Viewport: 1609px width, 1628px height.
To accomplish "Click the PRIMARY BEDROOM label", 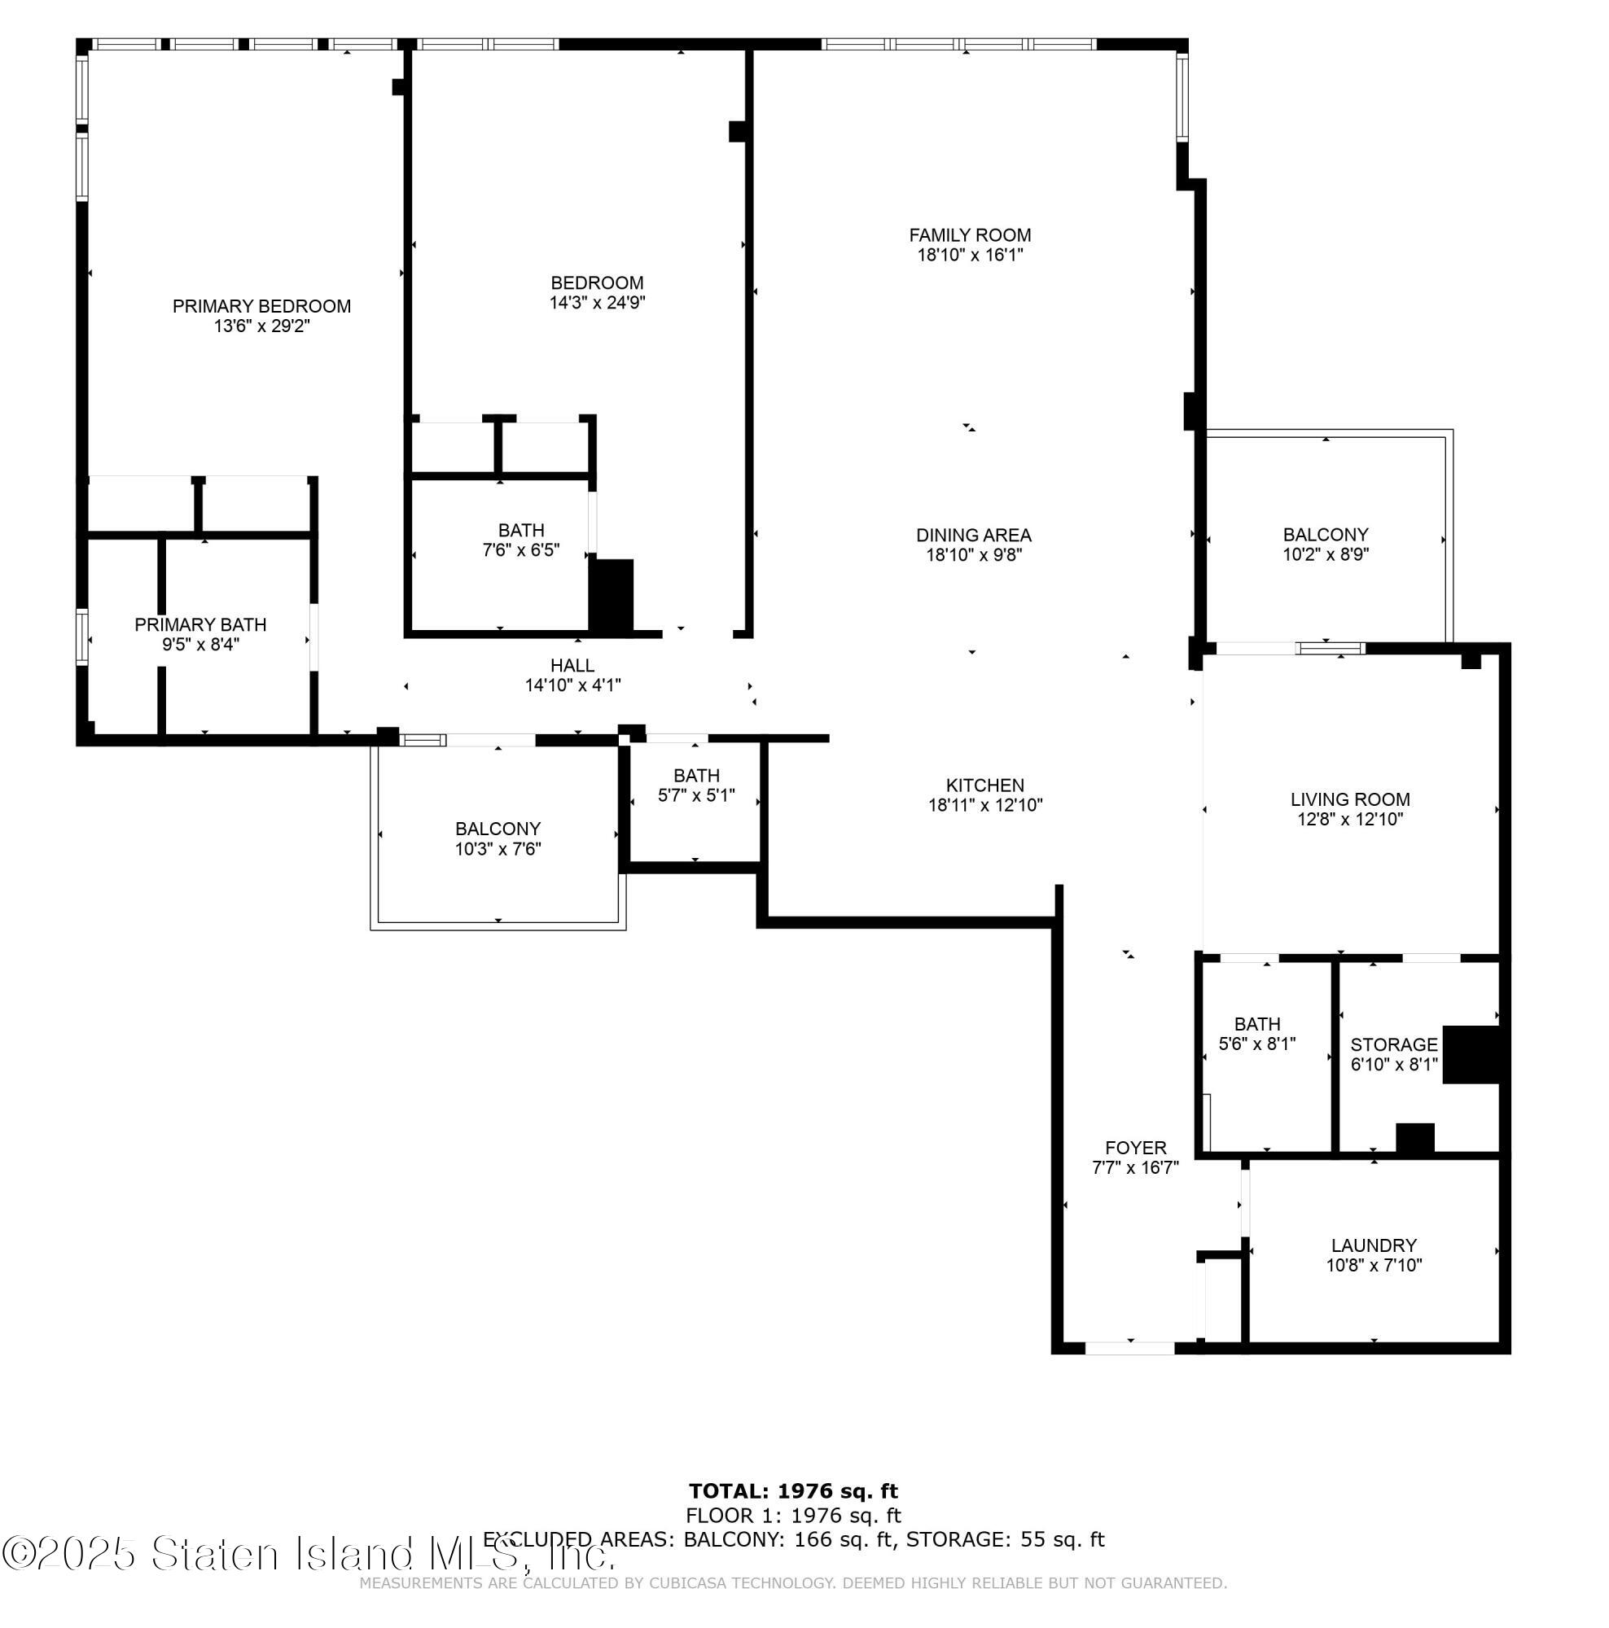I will click(261, 306).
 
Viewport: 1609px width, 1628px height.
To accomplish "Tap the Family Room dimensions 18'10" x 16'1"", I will click(969, 256).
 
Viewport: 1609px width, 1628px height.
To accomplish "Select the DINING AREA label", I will click(973, 535).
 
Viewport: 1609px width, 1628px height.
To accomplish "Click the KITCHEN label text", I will click(984, 785).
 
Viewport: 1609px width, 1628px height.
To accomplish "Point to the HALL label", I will click(572, 666).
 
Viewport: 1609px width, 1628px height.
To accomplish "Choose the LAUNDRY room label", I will click(1373, 1245).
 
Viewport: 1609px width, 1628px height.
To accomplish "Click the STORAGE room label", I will click(1393, 1044).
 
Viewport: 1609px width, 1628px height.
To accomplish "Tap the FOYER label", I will click(1134, 1148).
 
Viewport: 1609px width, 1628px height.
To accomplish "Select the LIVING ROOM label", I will click(1348, 799).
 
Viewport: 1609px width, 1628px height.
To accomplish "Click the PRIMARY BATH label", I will click(200, 624).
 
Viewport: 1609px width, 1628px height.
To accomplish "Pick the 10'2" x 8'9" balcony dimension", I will click(1325, 554).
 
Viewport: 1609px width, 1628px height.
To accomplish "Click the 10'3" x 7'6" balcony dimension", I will click(498, 848).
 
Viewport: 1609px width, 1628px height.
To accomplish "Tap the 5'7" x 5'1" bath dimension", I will click(696, 794).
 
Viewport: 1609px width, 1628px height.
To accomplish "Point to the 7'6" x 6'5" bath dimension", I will click(521, 550).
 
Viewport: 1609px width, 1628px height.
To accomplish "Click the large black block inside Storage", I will click(1471, 1053).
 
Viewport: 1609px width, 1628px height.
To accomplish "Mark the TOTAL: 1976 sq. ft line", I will click(792, 1491).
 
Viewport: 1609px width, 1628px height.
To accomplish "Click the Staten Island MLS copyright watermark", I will click(308, 1553).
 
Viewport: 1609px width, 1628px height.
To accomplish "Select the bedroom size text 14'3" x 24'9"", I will click(597, 303).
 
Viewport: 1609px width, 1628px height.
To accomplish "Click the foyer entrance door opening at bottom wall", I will click(1129, 1348).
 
